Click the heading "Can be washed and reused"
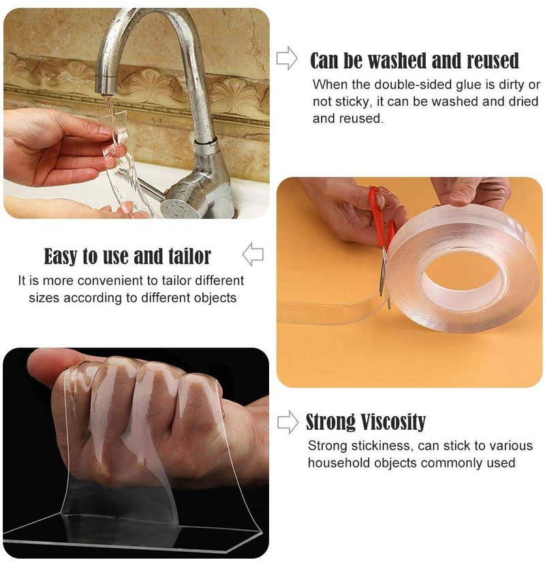pos(414,61)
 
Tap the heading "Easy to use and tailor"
pos(127,256)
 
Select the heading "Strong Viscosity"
pos(365,422)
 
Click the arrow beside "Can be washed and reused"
pos(287,59)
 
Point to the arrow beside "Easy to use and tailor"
pos(253,255)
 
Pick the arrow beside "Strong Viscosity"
pos(287,422)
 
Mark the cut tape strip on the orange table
pos(327,311)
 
